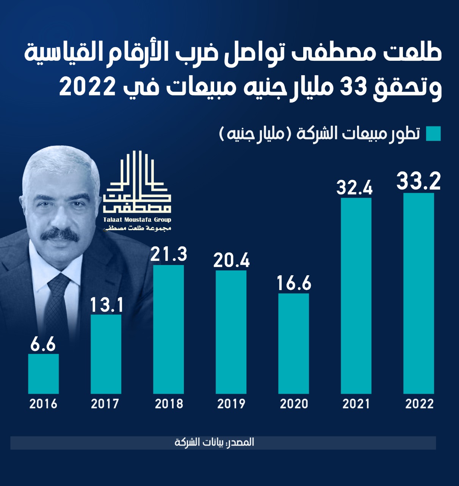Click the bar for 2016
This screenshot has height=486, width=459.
pyautogui.click(x=44, y=374)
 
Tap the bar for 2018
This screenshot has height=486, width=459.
pyautogui.click(x=169, y=329)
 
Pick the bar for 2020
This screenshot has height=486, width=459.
pyautogui.click(x=294, y=343)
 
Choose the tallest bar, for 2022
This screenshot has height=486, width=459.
pyautogui.click(x=419, y=293)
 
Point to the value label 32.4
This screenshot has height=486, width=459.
pyautogui.click(x=355, y=188)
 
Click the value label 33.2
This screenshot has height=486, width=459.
pyautogui.click(x=419, y=181)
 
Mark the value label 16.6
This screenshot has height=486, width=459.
pyautogui.click(x=294, y=283)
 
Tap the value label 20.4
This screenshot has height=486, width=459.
pyautogui.click(x=231, y=260)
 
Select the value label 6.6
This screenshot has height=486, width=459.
pyautogui.click(x=43, y=344)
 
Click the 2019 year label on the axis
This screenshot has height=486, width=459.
pyautogui.click(x=231, y=404)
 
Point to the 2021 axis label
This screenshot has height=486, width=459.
pyautogui.click(x=356, y=404)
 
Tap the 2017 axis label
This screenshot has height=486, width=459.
pyautogui.click(x=105, y=404)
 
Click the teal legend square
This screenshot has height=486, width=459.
pyautogui.click(x=433, y=134)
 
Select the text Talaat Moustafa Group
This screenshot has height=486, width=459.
pyautogui.click(x=137, y=220)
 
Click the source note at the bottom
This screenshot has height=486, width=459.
pyautogui.click(x=215, y=442)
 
